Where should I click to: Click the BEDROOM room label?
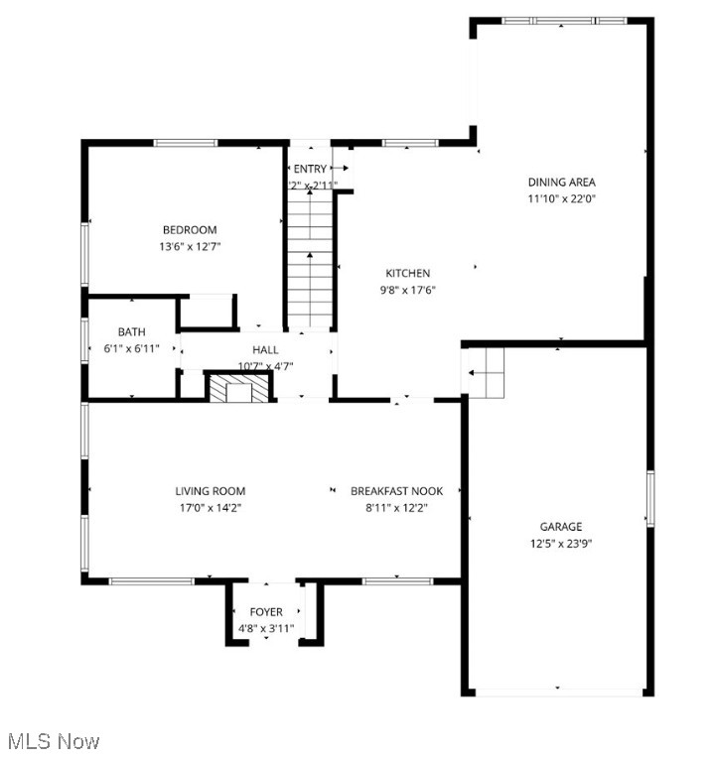click(190, 230)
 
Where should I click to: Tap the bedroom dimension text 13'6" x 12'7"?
click(190, 246)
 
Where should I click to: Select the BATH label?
click(131, 332)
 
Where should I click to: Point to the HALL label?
click(265, 349)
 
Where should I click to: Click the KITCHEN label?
click(407, 273)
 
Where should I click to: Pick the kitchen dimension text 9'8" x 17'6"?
click(407, 290)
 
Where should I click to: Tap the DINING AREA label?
click(561, 182)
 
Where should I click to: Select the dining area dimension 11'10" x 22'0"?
click(561, 198)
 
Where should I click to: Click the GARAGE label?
click(561, 527)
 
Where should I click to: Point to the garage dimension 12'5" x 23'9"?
click(561, 543)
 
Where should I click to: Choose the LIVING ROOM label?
click(210, 491)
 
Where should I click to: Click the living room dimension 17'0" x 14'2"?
click(210, 507)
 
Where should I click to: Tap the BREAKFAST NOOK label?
click(396, 491)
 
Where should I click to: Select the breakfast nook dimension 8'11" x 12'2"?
click(396, 507)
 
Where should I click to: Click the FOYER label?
click(265, 612)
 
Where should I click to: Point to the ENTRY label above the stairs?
click(309, 169)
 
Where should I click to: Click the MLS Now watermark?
click(54, 741)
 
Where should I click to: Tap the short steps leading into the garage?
click(486, 373)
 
